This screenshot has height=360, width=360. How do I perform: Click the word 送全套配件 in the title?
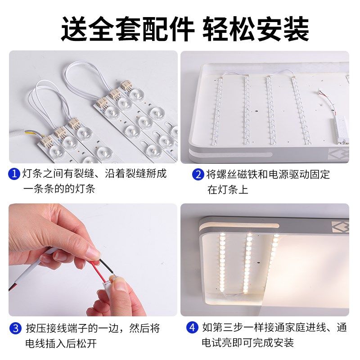[128, 29]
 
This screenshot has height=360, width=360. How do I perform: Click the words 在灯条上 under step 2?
[227, 189]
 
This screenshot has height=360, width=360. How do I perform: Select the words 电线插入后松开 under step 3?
[61, 343]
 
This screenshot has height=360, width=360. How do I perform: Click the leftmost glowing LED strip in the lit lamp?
[222, 261]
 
